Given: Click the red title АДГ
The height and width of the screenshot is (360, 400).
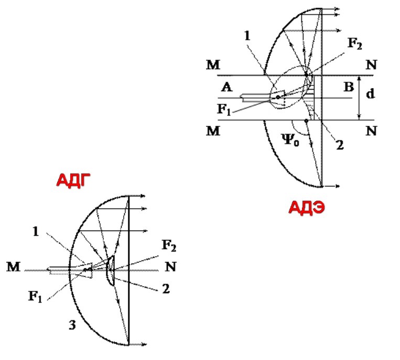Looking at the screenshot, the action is [x=73, y=180].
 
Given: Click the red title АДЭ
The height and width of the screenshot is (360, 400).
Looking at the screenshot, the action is [x=307, y=208].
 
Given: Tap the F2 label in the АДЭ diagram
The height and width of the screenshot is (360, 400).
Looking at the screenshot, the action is [x=355, y=43].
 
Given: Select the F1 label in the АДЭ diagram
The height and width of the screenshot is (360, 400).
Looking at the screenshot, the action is [x=224, y=110].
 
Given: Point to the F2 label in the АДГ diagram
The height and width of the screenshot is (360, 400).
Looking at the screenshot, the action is [x=169, y=246].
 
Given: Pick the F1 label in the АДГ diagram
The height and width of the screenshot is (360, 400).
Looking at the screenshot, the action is [x=35, y=297].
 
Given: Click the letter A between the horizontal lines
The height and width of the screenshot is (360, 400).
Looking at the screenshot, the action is [x=227, y=87].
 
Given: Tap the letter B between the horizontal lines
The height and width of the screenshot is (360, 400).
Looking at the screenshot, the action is [x=349, y=87].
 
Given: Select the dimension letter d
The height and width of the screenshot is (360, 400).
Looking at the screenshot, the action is [x=371, y=94].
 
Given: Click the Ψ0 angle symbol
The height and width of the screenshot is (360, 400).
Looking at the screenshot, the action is [x=290, y=139].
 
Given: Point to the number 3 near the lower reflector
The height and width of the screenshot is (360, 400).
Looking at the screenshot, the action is [x=72, y=325].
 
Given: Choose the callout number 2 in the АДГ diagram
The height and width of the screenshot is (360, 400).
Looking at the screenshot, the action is [x=166, y=289].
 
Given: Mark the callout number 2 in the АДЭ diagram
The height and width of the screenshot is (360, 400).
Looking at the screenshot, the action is [x=340, y=145].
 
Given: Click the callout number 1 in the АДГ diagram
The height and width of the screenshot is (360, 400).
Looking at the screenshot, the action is [x=36, y=232].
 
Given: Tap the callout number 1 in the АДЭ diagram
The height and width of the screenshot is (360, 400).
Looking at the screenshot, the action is [x=247, y=36].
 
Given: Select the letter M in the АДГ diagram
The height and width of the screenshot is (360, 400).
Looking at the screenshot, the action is [x=13, y=267].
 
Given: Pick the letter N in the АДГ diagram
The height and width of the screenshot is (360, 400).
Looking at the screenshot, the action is [x=170, y=267].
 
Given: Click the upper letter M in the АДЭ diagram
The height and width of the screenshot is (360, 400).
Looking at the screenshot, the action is [x=213, y=65].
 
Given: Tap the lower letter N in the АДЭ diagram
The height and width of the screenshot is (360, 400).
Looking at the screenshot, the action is [x=371, y=131].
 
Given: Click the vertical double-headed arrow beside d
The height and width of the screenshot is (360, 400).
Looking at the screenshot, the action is [x=359, y=97].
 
